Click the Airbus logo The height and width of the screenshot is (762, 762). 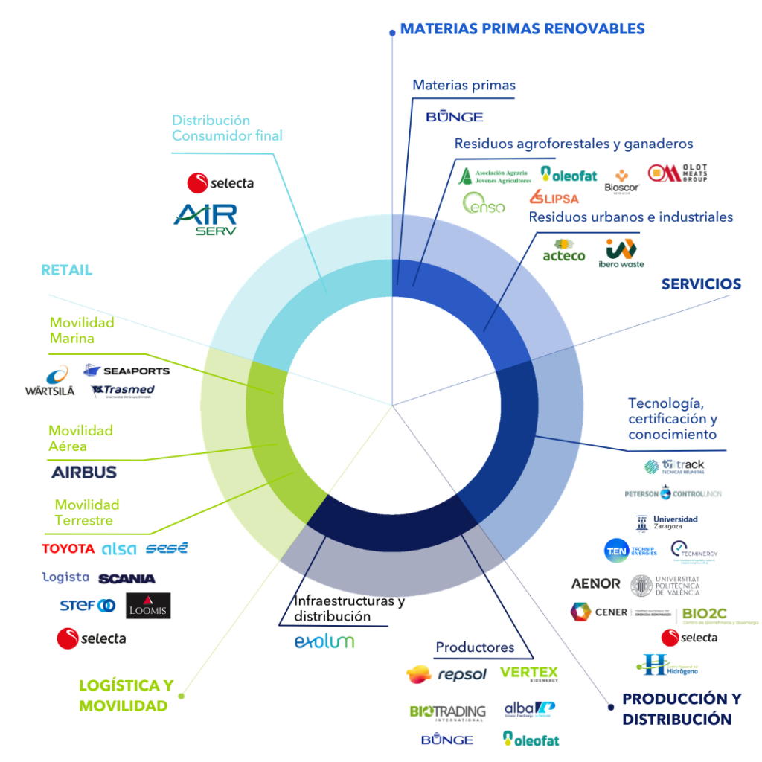click(84, 472)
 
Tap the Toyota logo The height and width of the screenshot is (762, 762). click(68, 549)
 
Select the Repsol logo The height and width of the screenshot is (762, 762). click(446, 674)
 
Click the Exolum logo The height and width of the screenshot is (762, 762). click(324, 641)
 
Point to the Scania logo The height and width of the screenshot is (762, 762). click(127, 578)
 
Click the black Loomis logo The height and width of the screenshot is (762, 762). click(148, 606)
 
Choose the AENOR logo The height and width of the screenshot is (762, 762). click(595, 584)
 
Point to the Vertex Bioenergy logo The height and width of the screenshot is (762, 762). click(528, 673)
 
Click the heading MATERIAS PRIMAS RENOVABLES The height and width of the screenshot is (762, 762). click(522, 29)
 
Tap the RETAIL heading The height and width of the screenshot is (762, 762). click(67, 270)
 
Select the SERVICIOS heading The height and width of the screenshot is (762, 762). click(701, 284)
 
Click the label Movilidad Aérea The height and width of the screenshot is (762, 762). click(80, 438)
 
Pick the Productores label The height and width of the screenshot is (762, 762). click(475, 647)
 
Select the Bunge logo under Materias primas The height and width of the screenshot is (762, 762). click(454, 117)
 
